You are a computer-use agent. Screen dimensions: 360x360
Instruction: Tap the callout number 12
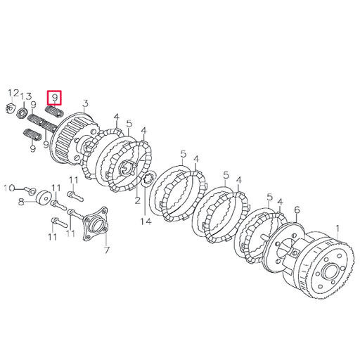[13, 94]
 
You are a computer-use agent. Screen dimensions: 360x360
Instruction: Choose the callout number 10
[8, 188]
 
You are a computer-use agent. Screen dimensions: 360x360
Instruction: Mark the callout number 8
[22, 202]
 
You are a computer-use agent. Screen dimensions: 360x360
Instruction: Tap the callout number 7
[106, 250]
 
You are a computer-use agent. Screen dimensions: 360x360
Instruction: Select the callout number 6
[297, 210]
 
